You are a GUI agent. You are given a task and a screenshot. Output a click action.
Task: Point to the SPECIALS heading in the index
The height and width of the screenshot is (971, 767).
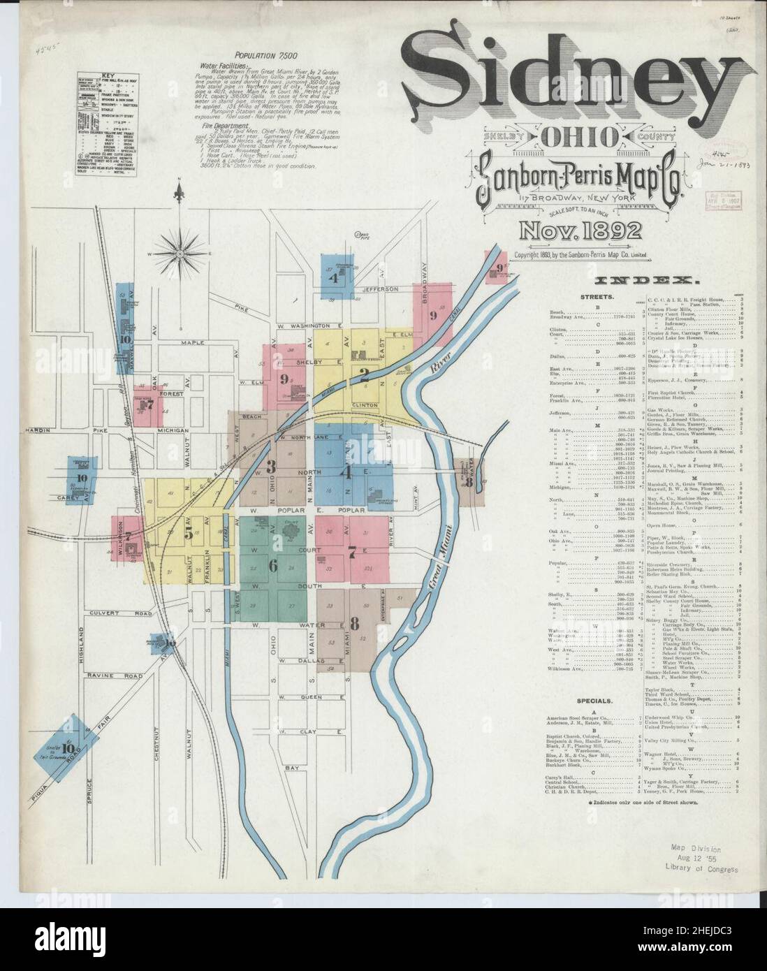[595, 699]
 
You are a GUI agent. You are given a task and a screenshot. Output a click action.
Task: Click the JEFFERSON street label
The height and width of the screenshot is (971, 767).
[380, 289]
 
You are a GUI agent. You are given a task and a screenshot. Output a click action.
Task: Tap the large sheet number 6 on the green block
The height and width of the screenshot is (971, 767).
[272, 565]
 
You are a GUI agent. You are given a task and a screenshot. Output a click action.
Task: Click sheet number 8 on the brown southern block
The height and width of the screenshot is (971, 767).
[355, 623]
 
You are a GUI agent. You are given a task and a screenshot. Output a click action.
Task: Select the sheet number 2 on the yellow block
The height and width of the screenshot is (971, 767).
[364, 374]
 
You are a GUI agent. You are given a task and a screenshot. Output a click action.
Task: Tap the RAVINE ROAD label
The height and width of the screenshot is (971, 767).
[115, 676]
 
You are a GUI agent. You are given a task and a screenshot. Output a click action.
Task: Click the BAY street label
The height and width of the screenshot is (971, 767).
[291, 767]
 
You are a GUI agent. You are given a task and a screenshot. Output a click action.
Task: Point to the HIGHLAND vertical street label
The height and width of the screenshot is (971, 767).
[81, 646]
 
